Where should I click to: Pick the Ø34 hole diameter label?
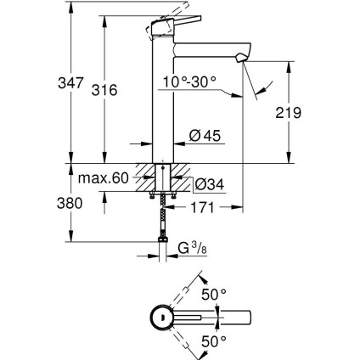point(209,183)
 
